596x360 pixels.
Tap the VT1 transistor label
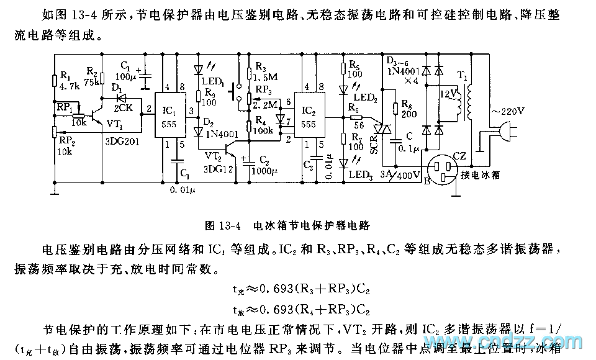click(115, 124)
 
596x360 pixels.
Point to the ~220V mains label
click(507, 112)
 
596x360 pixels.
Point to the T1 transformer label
click(463, 74)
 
